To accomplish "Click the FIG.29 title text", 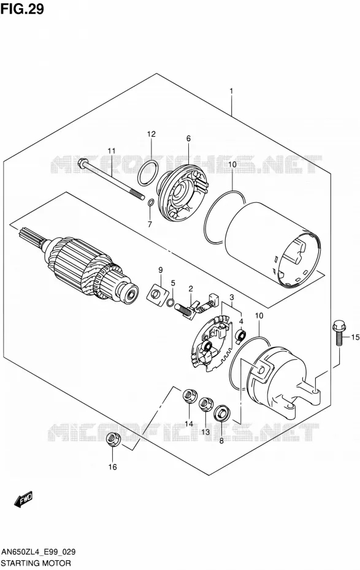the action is [x=22, y=9].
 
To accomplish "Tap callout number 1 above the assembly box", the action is [x=231, y=91].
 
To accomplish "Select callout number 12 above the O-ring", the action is [x=151, y=134].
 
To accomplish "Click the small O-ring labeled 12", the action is [x=148, y=173].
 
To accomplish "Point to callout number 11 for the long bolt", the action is [x=111, y=151].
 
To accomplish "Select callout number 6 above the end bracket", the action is [x=188, y=139].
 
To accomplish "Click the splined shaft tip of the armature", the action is [x=27, y=235].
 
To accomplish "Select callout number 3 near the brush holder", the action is [x=232, y=298].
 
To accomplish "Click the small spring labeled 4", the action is [x=241, y=335].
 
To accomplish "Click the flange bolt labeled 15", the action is [x=338, y=333].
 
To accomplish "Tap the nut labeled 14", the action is [x=189, y=395].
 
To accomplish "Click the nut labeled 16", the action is [x=112, y=439].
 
